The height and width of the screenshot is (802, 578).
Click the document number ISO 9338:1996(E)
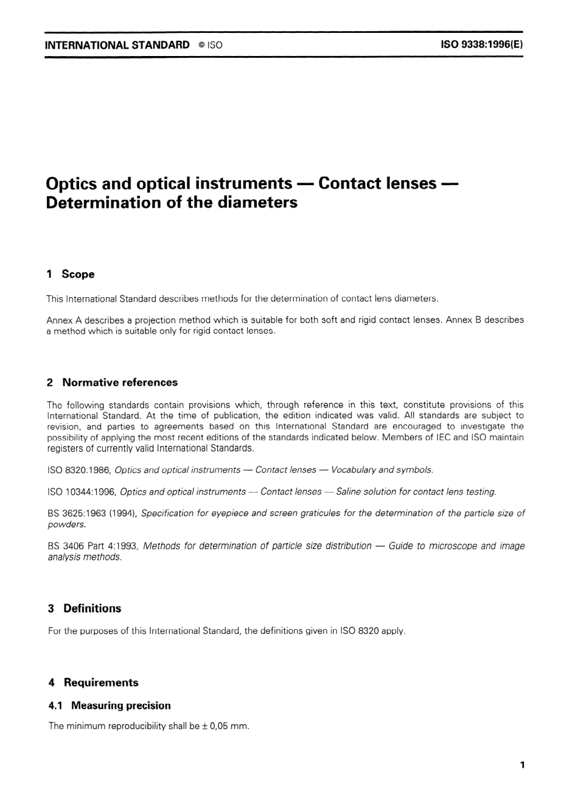coord(481,44)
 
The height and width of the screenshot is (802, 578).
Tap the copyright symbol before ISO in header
coord(200,45)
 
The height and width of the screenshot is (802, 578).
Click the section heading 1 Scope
coord(71,274)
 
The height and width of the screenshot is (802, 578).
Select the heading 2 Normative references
coord(112,382)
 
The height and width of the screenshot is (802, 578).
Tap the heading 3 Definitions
coord(85,608)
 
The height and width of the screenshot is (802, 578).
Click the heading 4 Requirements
coord(93,683)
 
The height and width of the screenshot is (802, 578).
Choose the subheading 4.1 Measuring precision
coord(110,706)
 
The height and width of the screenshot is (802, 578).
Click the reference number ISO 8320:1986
coord(78,470)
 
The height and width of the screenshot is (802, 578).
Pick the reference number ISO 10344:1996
coord(82,491)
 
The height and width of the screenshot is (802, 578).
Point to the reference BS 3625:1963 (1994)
coord(92,513)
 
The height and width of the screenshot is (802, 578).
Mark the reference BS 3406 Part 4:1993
coord(93,546)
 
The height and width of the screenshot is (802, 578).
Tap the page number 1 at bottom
coord(522,765)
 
